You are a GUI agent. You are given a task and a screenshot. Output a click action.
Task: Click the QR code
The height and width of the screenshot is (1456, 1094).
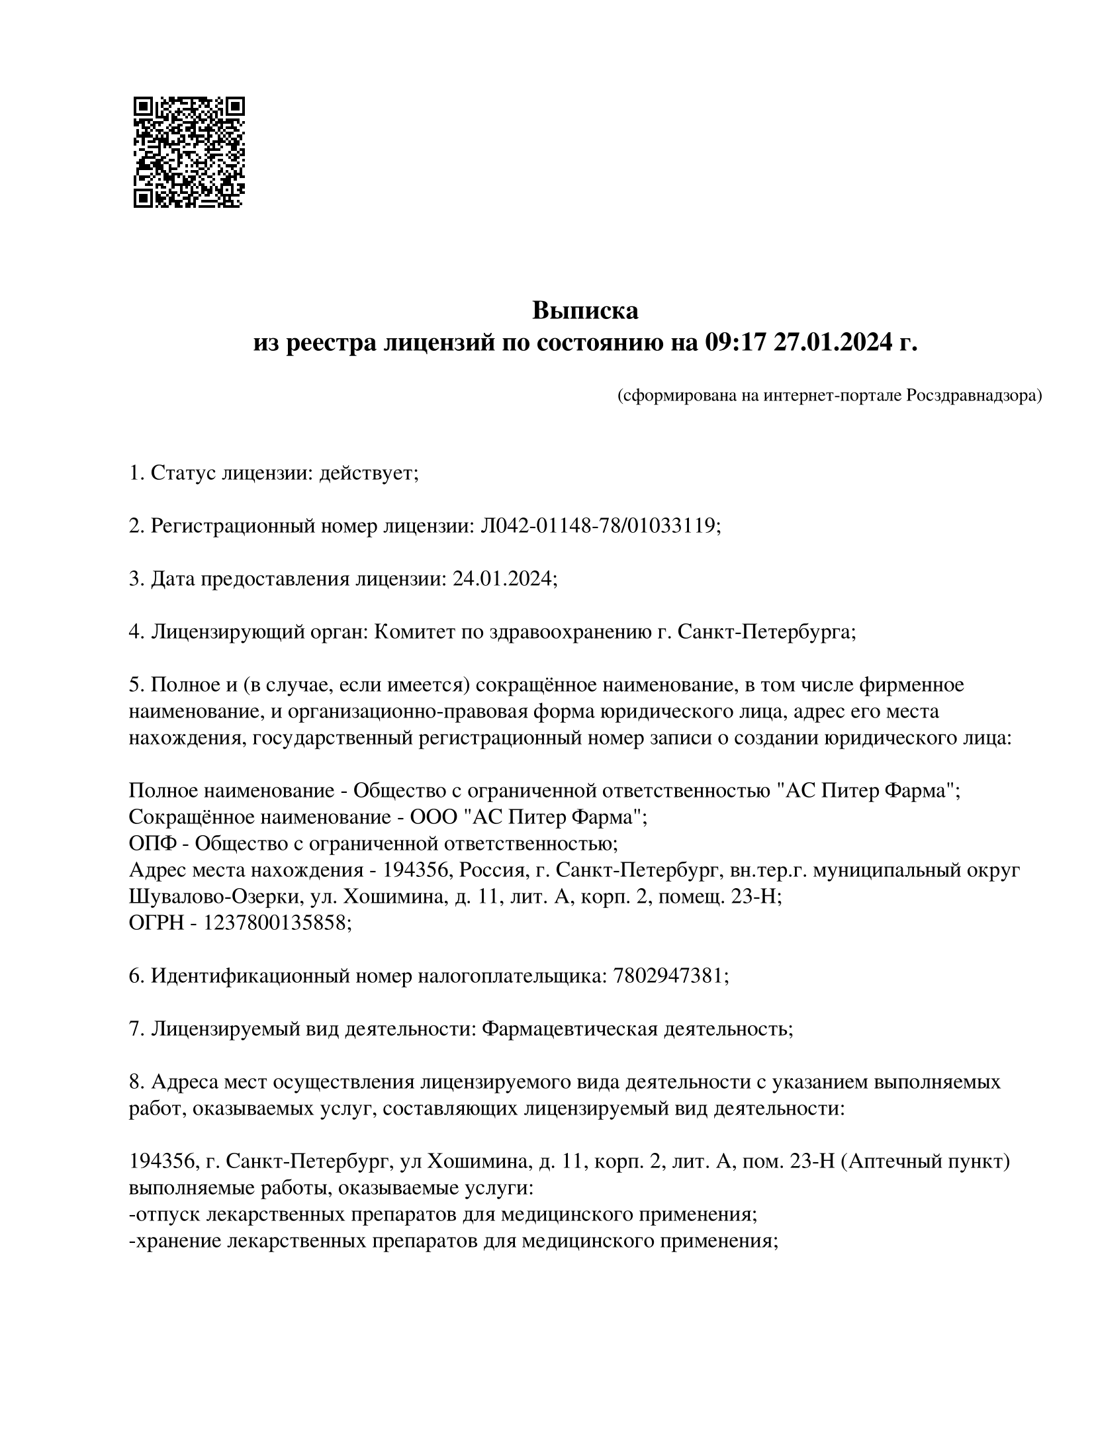(x=189, y=152)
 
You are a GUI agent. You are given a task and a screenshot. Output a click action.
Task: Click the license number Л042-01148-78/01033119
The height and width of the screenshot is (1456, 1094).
(x=598, y=526)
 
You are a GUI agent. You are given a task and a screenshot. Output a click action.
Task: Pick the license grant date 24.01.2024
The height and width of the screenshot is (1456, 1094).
(x=502, y=579)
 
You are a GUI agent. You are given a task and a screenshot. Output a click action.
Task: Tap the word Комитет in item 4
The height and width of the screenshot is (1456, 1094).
(x=414, y=632)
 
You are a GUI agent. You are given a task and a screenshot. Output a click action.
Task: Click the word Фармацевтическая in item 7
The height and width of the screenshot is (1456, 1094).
(x=569, y=1028)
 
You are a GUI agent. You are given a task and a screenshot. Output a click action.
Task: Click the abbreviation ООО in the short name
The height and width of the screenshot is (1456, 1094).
(x=433, y=817)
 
